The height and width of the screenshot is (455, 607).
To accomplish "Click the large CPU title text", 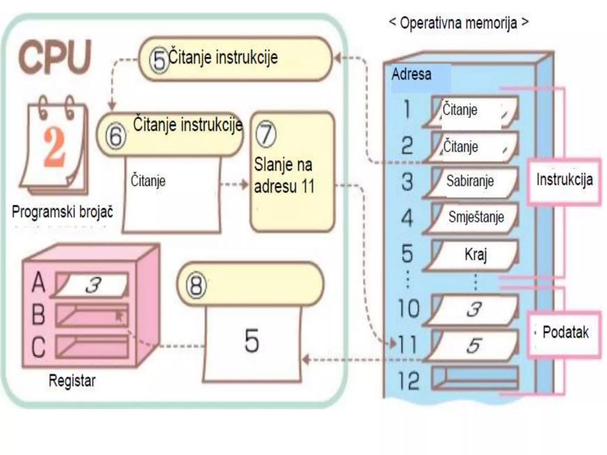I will (55, 57).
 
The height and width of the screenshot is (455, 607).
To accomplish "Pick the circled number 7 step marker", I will (266, 134).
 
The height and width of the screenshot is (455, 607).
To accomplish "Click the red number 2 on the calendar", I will (54, 147).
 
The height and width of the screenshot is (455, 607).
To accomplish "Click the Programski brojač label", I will (63, 212).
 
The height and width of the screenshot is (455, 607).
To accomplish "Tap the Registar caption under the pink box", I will (72, 380).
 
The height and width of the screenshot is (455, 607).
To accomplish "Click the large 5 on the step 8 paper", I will (252, 341).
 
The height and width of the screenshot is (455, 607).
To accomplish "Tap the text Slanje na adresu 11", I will (284, 175).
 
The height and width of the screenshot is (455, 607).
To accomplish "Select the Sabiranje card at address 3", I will (471, 181).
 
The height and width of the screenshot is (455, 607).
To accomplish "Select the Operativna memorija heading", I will (458, 23).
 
